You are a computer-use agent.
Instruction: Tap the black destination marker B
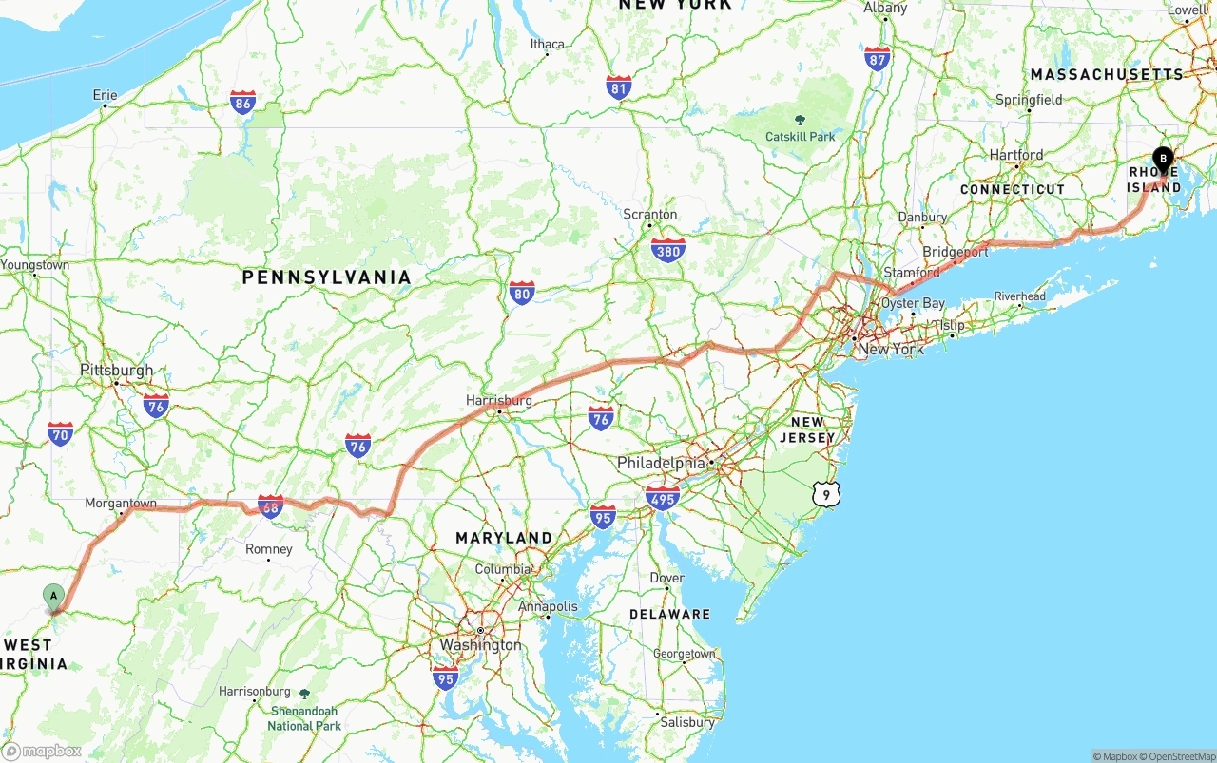[1162, 160]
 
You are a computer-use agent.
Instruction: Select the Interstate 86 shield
[242, 103]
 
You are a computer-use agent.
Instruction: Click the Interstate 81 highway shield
[619, 88]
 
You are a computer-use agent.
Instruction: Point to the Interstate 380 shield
[668, 250]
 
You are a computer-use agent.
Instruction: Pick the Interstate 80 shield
[522, 293]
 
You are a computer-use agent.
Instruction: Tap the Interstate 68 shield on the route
[270, 506]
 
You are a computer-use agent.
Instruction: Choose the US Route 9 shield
[826, 494]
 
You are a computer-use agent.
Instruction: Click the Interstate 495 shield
[662, 498]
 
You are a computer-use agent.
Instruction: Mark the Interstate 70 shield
[60, 434]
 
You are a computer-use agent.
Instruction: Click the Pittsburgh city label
[116, 370]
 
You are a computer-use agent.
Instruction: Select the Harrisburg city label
[499, 400]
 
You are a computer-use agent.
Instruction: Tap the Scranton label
[650, 214]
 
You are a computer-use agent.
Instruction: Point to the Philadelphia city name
[661, 463]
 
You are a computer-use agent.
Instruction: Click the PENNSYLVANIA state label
[326, 277]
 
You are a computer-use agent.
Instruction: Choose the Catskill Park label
[800, 137]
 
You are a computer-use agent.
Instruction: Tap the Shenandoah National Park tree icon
[304, 695]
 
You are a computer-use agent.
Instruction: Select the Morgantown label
[121, 503]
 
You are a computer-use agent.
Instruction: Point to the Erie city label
[106, 95]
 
